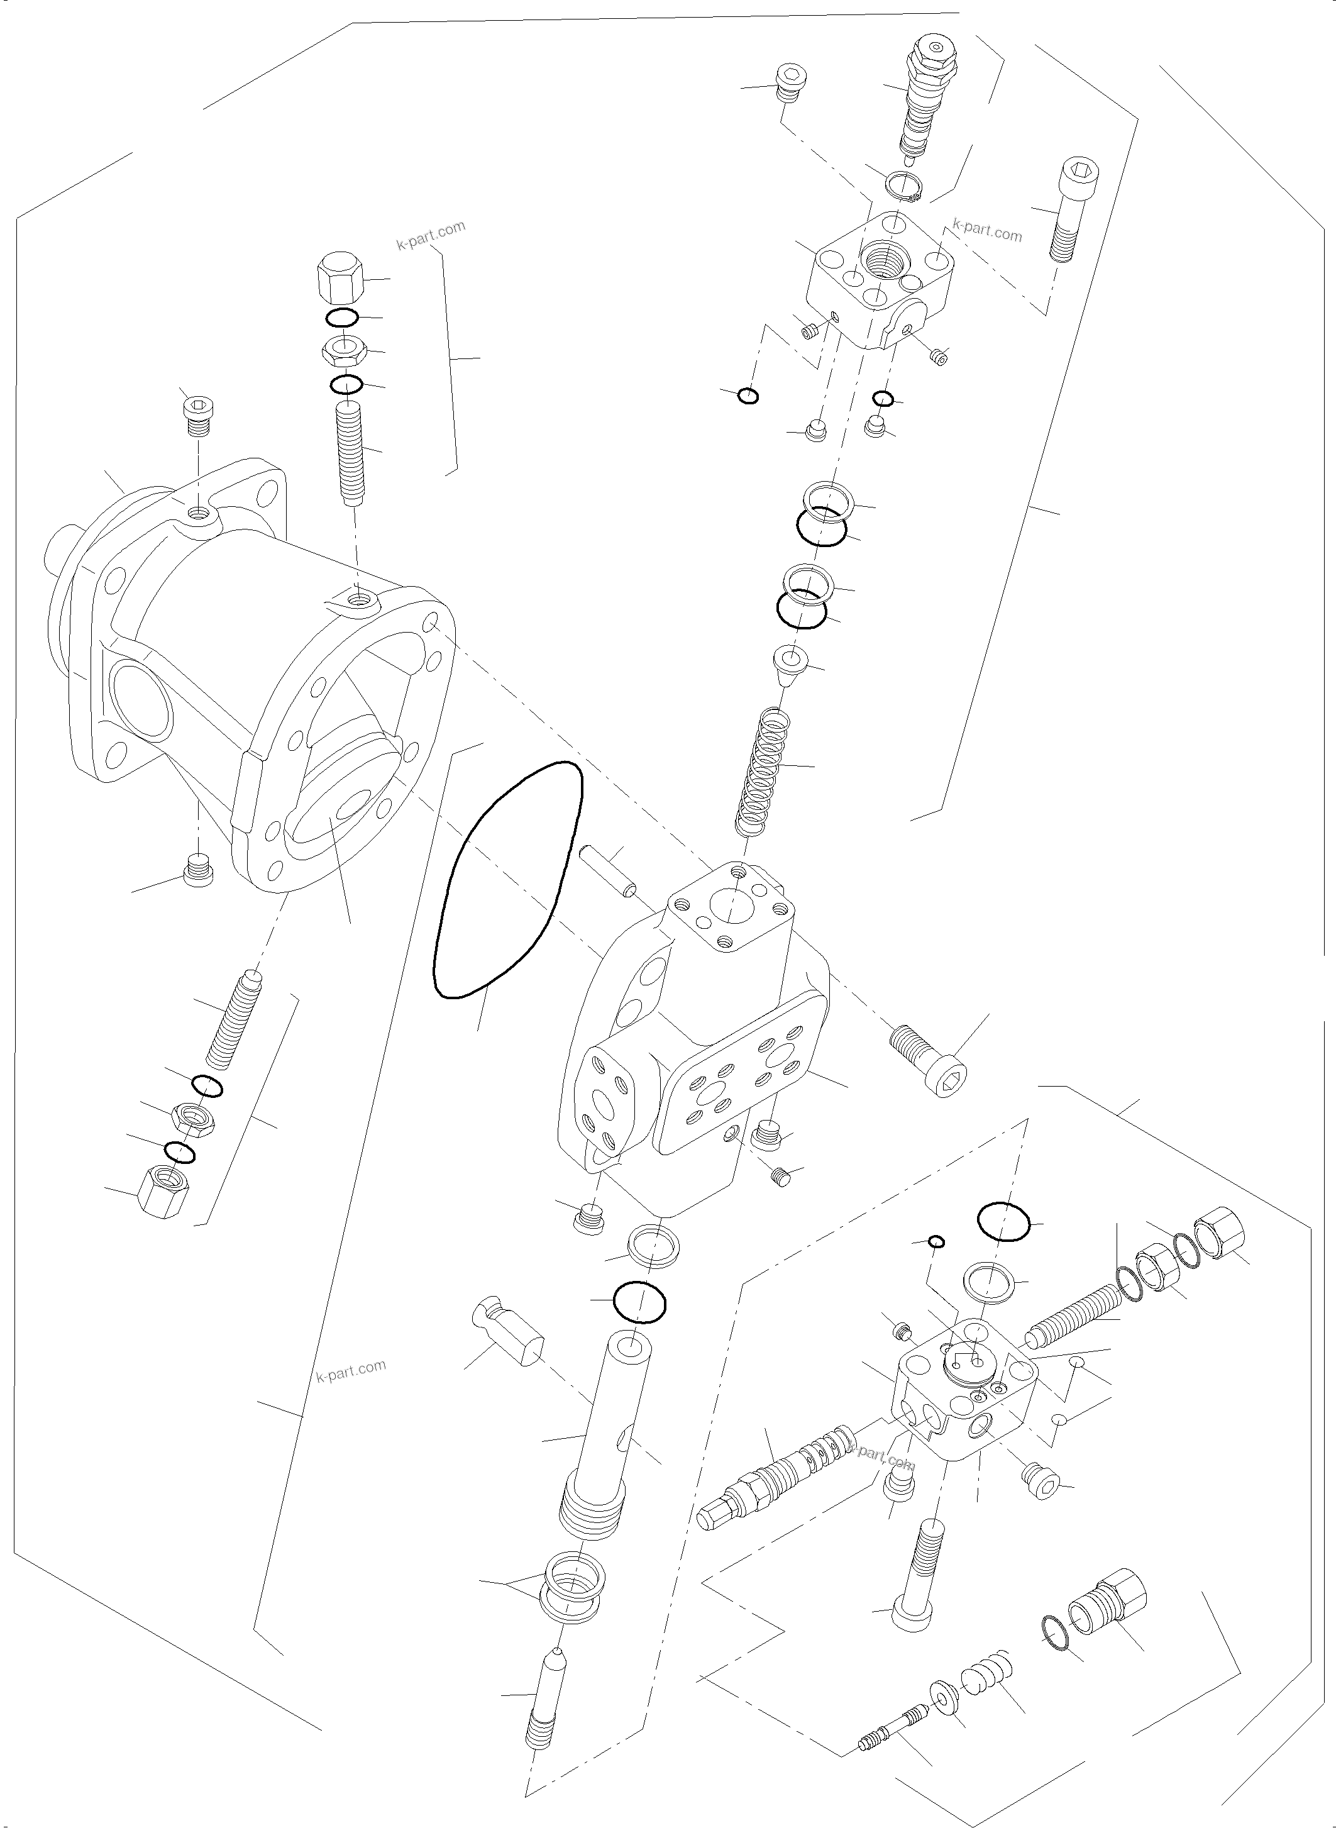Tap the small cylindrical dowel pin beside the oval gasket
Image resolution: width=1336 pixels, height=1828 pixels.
click(x=608, y=872)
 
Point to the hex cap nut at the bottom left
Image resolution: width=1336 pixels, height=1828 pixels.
click(x=164, y=1199)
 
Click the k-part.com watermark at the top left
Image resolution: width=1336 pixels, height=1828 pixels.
click(x=430, y=235)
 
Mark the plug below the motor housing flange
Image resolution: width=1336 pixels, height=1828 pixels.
click(x=198, y=870)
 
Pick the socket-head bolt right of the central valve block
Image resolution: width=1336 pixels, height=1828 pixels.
click(x=930, y=1060)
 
